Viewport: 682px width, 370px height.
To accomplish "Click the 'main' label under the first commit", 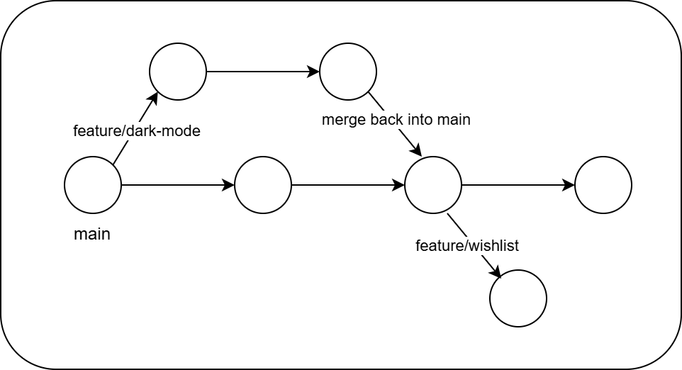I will (x=92, y=234).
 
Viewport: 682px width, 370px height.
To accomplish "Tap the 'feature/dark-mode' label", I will (x=137, y=131).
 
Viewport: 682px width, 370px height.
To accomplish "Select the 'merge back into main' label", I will (x=396, y=120).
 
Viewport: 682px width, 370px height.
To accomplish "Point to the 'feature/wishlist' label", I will (x=466, y=246).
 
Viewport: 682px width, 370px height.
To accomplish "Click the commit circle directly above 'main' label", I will (x=93, y=185).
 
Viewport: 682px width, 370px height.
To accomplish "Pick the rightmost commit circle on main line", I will (x=603, y=185).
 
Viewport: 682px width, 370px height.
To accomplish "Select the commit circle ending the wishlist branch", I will (x=518, y=298).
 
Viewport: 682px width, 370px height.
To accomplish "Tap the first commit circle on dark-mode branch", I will (x=178, y=72).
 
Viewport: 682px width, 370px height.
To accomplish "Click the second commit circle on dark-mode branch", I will (x=348, y=72).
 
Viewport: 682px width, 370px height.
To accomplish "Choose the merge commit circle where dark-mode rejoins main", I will (x=433, y=185).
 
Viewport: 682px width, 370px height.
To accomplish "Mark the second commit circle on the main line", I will (x=263, y=185).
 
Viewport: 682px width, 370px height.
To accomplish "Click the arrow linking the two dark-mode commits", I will (x=262, y=72).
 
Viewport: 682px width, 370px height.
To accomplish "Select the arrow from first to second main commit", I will (x=177, y=185).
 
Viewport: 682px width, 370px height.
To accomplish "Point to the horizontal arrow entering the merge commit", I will (x=347, y=185).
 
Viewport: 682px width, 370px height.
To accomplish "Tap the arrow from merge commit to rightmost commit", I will (x=518, y=185).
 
